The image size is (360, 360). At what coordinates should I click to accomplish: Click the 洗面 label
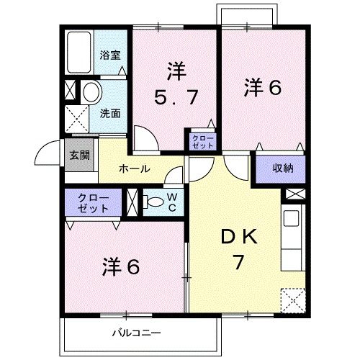pos(109,113)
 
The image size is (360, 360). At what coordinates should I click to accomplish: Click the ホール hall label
pos(133,169)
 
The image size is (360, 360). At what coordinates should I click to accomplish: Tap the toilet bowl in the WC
pos(153,202)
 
